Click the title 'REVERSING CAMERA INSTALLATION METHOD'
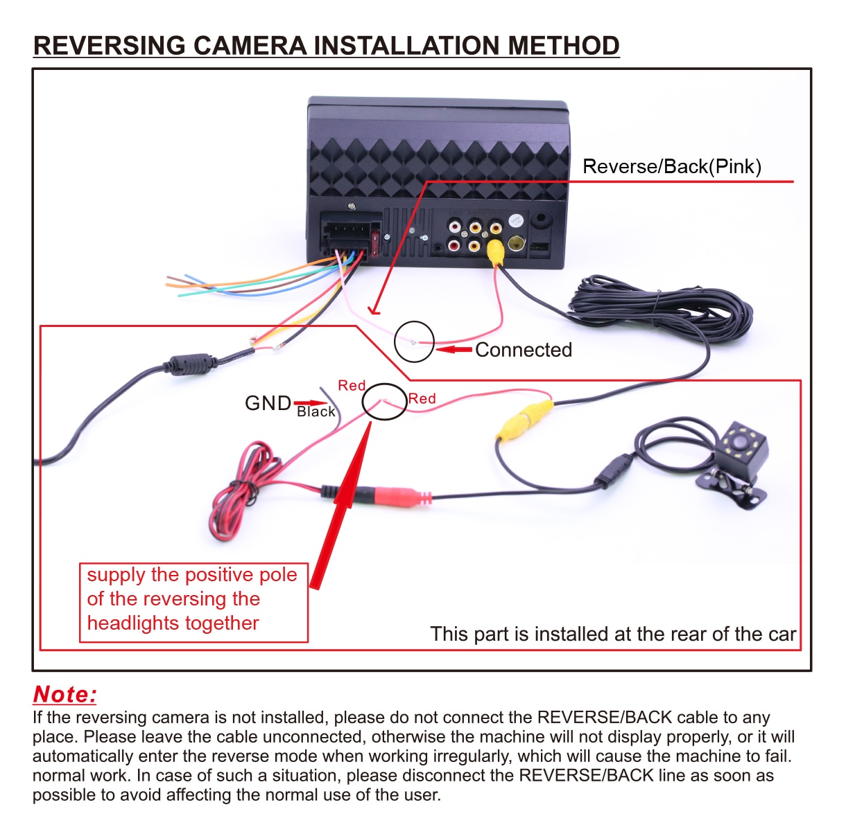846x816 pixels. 326,46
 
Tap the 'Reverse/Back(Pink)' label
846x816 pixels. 671,166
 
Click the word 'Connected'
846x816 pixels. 523,350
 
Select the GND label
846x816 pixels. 268,402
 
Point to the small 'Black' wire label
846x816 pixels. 316,411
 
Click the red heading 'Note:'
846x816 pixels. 64,694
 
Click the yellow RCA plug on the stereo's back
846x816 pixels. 496,251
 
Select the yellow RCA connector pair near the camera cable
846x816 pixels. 525,420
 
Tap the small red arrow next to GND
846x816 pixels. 310,402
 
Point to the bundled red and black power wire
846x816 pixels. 243,492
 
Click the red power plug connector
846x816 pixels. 399,496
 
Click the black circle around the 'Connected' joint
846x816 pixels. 414,342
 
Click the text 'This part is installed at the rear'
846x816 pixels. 612,634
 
